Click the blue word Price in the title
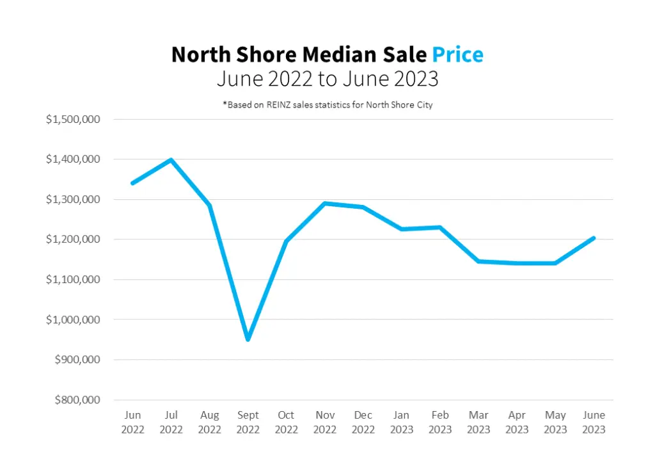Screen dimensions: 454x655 pos(457,55)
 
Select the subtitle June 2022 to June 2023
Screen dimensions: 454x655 pos(327,79)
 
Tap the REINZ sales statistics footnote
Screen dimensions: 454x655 pos(327,104)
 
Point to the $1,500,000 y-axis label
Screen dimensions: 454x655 pos(74,119)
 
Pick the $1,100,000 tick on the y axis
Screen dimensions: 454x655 pos(74,279)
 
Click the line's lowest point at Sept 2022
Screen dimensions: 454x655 pos(248,339)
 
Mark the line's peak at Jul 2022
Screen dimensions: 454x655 pos(171,159)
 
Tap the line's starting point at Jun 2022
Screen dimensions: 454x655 pos(132,183)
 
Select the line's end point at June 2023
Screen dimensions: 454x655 pos(594,238)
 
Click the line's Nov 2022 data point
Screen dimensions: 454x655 pos(325,204)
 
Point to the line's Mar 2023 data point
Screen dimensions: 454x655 pos(478,261)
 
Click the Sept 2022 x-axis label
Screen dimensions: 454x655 pos(248,422)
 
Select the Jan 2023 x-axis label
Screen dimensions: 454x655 pos(402,422)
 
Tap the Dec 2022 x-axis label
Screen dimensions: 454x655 pos(363,422)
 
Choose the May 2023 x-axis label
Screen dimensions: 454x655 pos(555,422)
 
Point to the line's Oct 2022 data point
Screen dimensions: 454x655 pos(286,241)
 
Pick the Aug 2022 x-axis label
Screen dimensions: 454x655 pos(209,422)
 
